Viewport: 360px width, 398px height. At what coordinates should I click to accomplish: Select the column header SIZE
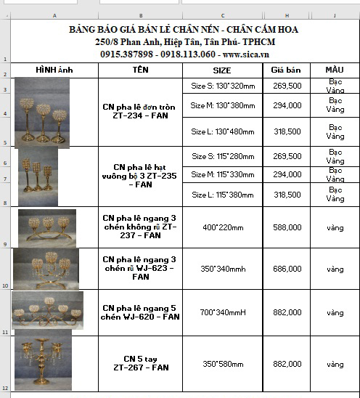(x=222, y=70)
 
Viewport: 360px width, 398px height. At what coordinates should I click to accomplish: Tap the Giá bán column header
(x=287, y=70)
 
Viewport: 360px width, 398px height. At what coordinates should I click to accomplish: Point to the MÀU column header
(x=335, y=70)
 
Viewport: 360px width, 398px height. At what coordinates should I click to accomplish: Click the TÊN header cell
(x=140, y=70)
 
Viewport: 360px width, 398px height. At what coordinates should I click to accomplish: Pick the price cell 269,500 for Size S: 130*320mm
(x=287, y=86)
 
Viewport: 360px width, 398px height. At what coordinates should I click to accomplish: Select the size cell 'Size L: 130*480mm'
(x=223, y=131)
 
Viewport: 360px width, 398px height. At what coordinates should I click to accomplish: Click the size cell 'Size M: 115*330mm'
(x=223, y=175)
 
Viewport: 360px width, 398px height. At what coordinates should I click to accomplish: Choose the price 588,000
(x=287, y=227)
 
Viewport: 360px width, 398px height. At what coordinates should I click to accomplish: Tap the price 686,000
(x=287, y=269)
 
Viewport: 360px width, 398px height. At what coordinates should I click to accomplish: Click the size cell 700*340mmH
(x=223, y=312)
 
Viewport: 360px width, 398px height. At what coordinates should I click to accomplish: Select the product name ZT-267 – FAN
(x=140, y=363)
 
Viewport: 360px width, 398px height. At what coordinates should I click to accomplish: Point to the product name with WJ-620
(x=140, y=312)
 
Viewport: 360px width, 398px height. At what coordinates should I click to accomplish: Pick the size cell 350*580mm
(x=223, y=363)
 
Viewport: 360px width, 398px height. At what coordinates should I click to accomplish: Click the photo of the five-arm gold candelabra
(x=44, y=361)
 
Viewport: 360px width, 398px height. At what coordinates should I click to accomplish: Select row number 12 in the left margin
(x=5, y=389)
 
